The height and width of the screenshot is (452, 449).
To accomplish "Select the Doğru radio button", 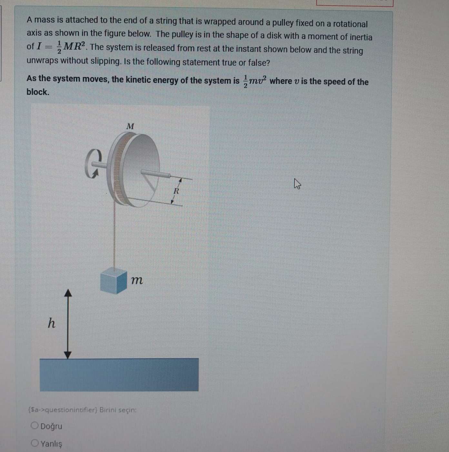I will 35,426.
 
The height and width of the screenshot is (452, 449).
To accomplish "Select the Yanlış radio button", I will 35,443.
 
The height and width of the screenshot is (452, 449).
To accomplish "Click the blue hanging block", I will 113,280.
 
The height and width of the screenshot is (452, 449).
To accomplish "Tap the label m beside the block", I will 137,280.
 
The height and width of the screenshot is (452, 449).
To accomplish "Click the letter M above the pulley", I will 130,126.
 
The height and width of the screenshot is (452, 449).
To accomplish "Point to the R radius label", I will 176,191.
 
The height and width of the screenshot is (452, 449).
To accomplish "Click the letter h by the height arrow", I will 52,323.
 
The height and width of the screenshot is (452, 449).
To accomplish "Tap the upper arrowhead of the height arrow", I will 68,293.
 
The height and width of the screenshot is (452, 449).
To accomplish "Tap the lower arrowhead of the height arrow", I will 68,355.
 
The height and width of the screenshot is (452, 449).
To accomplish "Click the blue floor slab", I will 119,375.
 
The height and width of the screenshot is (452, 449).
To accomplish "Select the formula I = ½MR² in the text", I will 62,47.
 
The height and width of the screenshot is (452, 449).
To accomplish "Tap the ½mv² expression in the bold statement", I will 254,81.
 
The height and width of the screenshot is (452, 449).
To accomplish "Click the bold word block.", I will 38,92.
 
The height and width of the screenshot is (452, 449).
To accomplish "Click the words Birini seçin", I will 118,410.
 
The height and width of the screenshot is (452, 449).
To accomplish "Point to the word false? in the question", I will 258,63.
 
